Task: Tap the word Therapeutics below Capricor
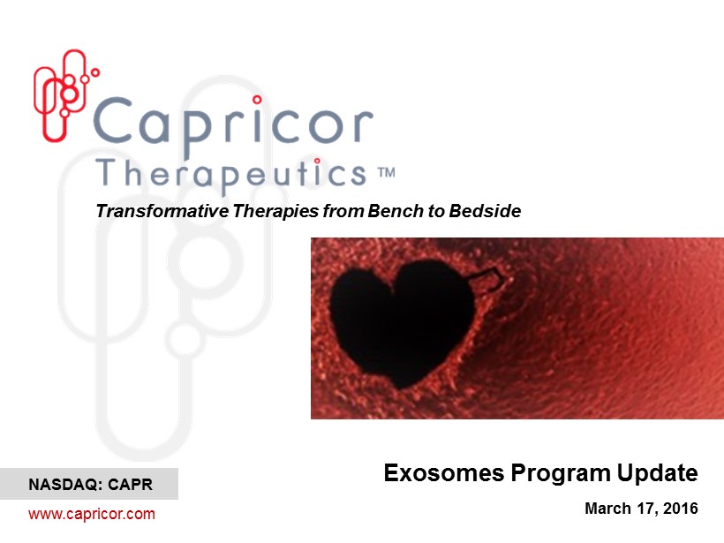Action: [x=231, y=176]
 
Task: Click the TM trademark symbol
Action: [x=387, y=173]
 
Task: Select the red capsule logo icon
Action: [x=64, y=94]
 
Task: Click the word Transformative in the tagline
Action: [x=162, y=211]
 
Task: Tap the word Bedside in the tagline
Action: [x=485, y=211]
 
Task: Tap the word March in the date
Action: [x=607, y=509]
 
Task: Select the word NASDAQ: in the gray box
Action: [x=65, y=485]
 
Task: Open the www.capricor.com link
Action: [x=92, y=514]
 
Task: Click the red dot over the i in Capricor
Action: [x=257, y=99]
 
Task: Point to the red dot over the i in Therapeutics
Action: [x=317, y=161]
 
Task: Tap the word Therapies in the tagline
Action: [x=275, y=211]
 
